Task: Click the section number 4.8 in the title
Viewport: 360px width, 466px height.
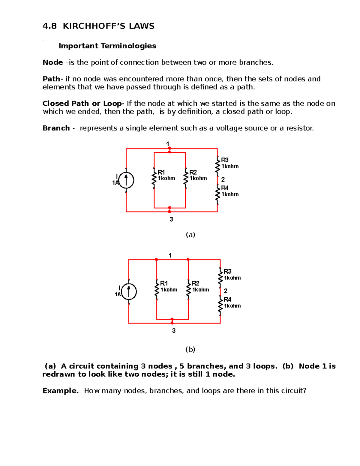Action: tap(49, 26)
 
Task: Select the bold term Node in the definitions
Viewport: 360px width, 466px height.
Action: tap(53, 62)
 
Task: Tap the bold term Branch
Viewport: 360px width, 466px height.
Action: tap(56, 128)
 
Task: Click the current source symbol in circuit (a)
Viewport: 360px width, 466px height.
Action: tap(126, 180)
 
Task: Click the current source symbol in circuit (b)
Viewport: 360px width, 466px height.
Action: tap(129, 291)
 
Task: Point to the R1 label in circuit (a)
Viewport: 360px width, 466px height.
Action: tap(161, 172)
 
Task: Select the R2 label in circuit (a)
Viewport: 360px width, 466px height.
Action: tap(193, 172)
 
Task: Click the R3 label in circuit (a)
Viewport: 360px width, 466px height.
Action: tap(225, 160)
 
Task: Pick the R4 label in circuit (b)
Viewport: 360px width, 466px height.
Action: tap(227, 299)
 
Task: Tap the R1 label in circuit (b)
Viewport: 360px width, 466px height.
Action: tap(164, 283)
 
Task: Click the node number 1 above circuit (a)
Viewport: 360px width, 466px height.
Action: tap(168, 144)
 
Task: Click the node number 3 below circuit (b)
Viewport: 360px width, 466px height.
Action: tap(174, 331)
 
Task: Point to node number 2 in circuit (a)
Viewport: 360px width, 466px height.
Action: tap(223, 179)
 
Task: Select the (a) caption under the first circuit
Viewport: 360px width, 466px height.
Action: tap(190, 235)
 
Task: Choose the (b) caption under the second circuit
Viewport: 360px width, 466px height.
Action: tap(190, 350)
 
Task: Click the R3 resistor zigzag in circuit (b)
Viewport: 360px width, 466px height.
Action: tap(220, 278)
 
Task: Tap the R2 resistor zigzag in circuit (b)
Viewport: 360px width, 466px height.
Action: tap(188, 290)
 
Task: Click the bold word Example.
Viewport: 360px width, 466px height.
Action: tap(61, 391)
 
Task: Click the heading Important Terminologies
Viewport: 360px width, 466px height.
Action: tap(107, 46)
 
